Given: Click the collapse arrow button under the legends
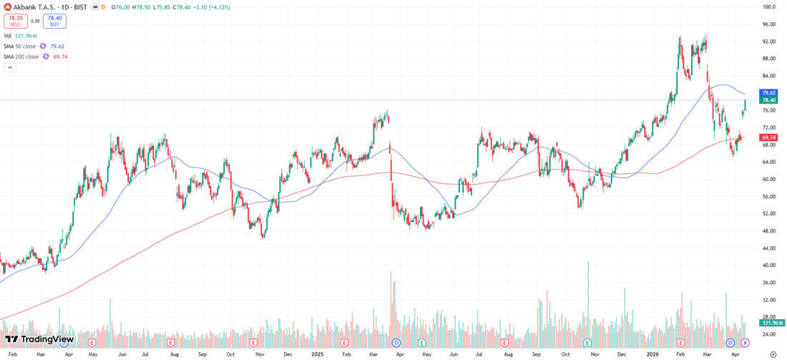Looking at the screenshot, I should (10, 68).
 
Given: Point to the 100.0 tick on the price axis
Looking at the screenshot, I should (770, 7).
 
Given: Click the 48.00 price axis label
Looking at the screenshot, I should (770, 231).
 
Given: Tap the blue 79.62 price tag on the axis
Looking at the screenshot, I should (769, 93).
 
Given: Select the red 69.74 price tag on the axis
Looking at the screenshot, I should (769, 137).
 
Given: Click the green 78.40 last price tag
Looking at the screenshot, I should (769, 101).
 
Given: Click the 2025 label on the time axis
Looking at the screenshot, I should (317, 354).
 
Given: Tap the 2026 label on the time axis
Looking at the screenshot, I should (652, 354).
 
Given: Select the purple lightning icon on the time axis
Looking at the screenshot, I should (745, 344).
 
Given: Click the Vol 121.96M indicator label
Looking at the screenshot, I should (22, 35).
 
